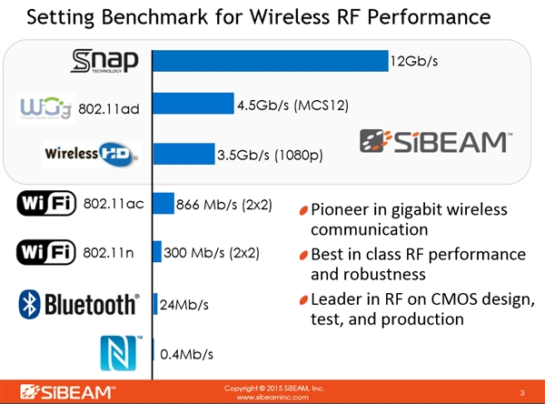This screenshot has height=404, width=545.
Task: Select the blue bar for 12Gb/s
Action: [270, 60]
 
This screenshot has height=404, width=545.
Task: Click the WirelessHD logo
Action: [91, 154]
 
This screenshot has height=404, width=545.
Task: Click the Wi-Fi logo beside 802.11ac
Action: [46, 204]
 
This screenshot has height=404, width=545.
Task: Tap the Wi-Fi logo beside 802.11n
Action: [46, 251]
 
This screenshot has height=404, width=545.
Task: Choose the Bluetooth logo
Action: [79, 303]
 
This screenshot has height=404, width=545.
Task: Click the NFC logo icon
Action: [121, 352]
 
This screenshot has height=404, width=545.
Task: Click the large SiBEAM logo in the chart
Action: [436, 141]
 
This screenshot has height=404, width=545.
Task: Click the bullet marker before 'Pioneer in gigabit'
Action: [303, 210]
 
